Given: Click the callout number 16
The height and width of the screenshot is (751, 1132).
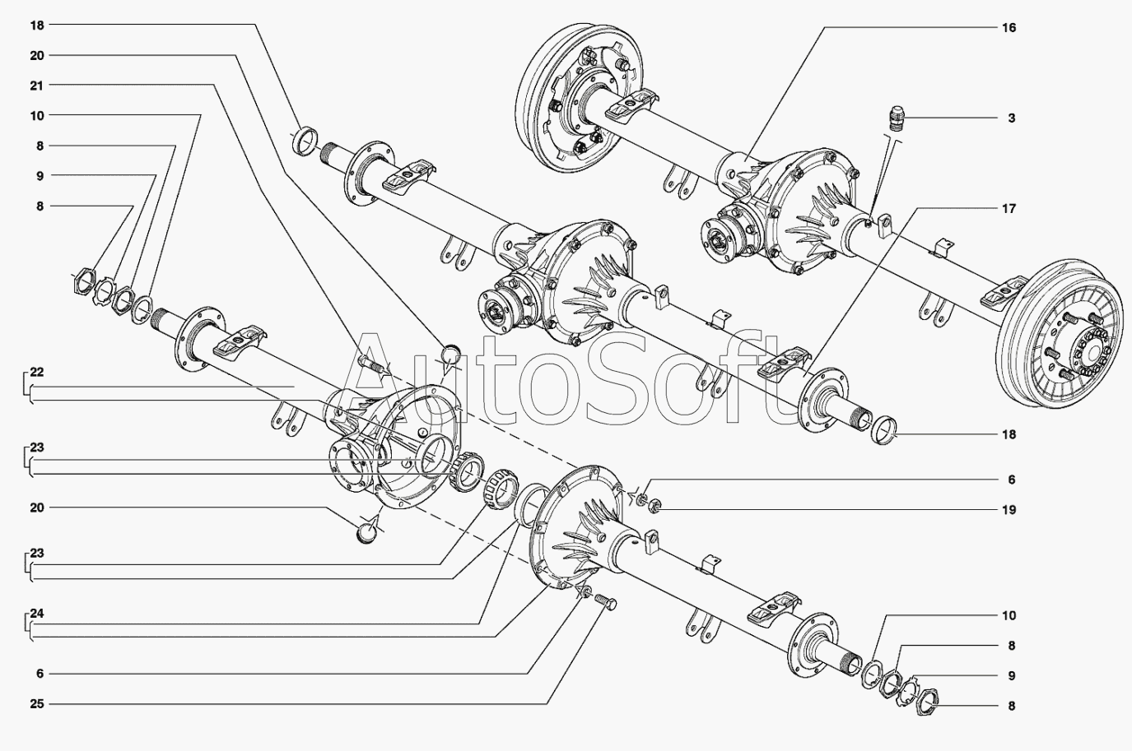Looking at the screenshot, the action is [1009, 27].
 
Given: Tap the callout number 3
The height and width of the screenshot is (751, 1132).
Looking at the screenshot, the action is [1011, 118].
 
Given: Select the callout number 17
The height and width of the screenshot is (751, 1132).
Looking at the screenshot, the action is [1009, 209].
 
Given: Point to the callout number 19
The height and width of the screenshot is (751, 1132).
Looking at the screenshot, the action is [1009, 510].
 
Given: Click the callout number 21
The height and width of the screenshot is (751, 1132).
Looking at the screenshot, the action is [37, 86].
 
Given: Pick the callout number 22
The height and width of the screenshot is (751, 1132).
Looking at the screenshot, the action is [37, 373].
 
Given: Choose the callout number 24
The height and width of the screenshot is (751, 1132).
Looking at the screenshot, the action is [37, 614].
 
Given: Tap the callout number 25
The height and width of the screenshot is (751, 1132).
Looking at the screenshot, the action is [37, 703].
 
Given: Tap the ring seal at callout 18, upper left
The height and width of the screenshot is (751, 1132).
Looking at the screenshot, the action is [305, 142].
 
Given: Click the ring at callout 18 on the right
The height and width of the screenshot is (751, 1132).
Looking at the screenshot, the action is [884, 430].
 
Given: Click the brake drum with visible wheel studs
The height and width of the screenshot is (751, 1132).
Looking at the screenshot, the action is [1063, 334].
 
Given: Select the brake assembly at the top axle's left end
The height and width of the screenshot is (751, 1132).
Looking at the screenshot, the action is [581, 98].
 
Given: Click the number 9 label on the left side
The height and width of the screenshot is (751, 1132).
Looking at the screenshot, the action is [40, 176].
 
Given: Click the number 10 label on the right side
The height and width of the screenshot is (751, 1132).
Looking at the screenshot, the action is [1009, 615].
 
